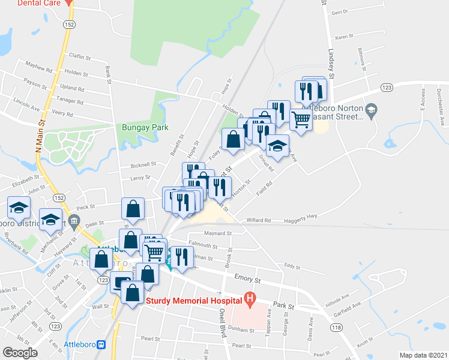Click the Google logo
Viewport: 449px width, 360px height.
(x=20, y=352)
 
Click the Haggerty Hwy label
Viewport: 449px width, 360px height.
(x=301, y=217)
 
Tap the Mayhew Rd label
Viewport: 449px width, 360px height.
(x=39, y=64)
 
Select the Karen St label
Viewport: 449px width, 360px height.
(x=343, y=37)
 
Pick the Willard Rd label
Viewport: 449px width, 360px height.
(x=259, y=220)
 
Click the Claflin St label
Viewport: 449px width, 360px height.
(x=79, y=58)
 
